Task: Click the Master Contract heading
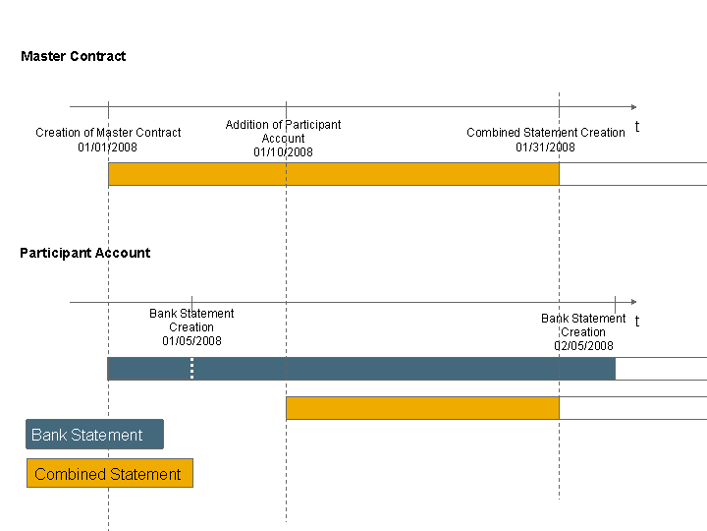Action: [74, 56]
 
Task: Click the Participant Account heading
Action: [85, 253]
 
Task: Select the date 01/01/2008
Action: [107, 147]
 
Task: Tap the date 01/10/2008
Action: [283, 152]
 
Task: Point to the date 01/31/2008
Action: [546, 147]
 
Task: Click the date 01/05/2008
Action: [192, 341]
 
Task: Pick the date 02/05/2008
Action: [584, 346]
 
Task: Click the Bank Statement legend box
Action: [94, 435]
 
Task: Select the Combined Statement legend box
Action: [110, 473]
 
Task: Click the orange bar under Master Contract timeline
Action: [334, 174]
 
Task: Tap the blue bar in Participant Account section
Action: [361, 369]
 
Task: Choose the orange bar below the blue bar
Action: [423, 408]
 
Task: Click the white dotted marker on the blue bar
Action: [192, 369]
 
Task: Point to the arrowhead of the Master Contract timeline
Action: [634, 107]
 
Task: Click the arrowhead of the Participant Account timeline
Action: [634, 302]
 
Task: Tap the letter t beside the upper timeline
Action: [637, 127]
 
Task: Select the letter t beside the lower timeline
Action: [637, 321]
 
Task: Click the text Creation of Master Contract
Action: [108, 133]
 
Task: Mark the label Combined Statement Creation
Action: [546, 133]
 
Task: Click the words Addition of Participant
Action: [283, 125]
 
